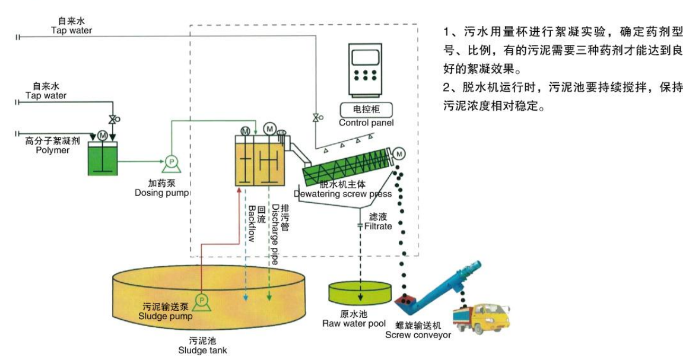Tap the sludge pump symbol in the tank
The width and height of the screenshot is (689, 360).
coord(202,302)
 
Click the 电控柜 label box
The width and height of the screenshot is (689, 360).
coord(366,110)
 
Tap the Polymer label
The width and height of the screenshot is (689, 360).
coord(52,150)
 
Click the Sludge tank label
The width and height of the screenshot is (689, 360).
coord(203,350)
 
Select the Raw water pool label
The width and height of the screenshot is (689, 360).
coord(353,323)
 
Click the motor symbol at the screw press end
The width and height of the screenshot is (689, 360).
coord(399,153)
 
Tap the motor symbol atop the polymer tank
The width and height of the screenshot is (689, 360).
coord(102,136)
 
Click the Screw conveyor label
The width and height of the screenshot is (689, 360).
coord(418,335)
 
